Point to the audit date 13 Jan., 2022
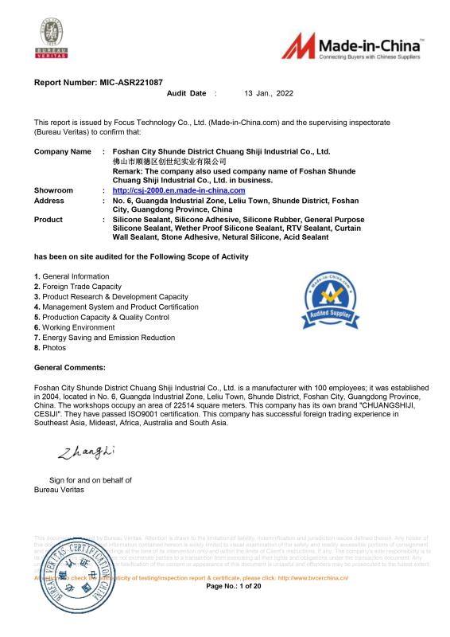(x=269, y=94)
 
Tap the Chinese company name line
(x=164, y=161)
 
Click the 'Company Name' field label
(x=62, y=150)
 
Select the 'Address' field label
(x=49, y=201)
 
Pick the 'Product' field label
(x=48, y=219)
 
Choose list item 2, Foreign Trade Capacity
(x=78, y=287)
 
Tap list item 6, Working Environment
(x=75, y=327)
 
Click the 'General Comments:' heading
(x=70, y=367)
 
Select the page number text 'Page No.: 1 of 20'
(x=234, y=586)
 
